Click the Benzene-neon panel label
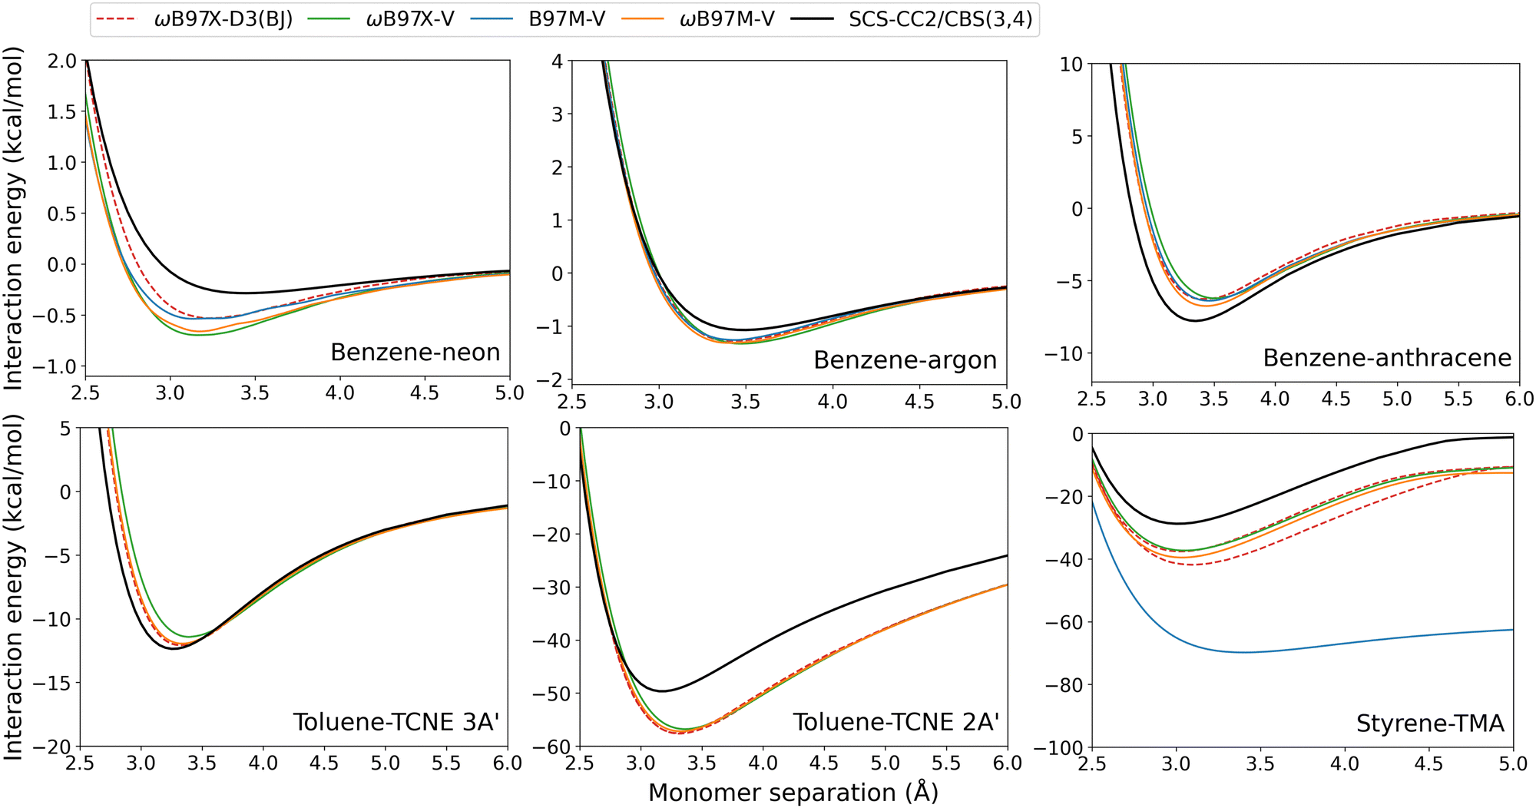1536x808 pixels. coord(415,353)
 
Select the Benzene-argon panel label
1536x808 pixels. coord(905,360)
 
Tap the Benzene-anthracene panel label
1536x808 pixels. coord(1387,358)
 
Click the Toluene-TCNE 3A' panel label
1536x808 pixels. coord(396,723)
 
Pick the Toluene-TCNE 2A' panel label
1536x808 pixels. coord(895,723)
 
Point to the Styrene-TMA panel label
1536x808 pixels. coord(1429,724)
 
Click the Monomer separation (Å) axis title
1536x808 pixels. coord(793,793)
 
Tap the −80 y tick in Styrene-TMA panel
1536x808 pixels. coord(1062,685)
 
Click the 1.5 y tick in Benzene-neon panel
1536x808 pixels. coord(62,112)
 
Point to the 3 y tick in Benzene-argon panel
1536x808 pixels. coord(557,114)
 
